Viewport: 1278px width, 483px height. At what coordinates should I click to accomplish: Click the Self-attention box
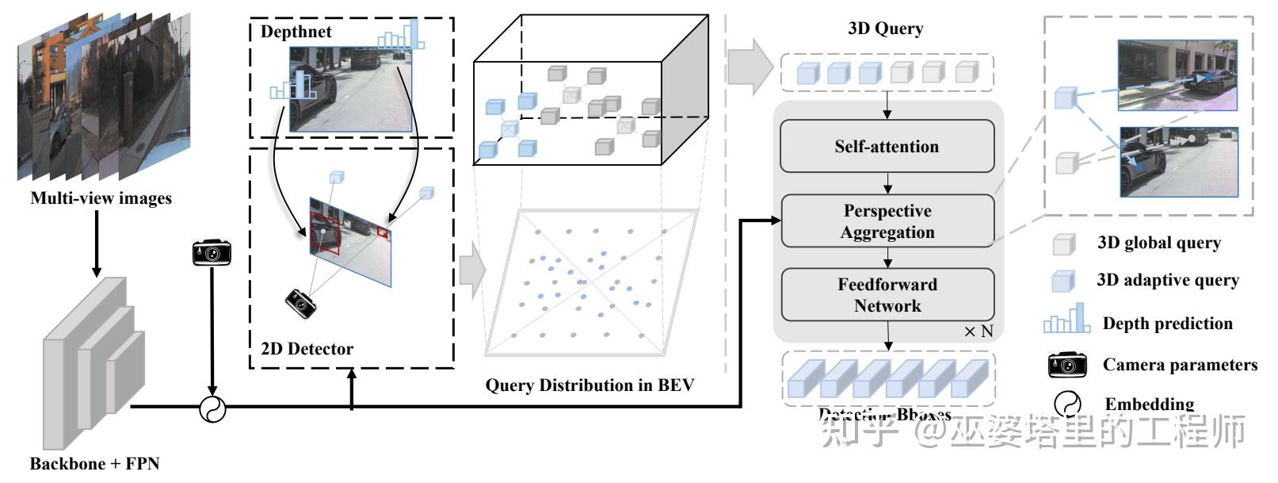(x=887, y=146)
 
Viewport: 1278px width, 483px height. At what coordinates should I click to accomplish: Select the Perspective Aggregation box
(x=887, y=221)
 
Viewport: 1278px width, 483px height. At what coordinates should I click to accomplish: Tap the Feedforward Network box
(x=887, y=294)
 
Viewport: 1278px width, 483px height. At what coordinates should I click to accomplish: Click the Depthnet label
(x=296, y=32)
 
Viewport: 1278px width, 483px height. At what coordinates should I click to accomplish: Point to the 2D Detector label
(x=307, y=348)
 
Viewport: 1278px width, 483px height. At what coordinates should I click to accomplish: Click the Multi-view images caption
(x=101, y=198)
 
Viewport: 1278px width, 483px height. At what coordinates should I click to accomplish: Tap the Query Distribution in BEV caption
(x=589, y=385)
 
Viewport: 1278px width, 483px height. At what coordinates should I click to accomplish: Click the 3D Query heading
(x=885, y=29)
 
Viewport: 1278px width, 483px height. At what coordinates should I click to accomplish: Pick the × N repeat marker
(x=978, y=332)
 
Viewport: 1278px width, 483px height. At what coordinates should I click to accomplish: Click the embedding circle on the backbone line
(x=212, y=408)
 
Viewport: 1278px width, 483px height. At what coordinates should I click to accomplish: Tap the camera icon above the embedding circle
(x=212, y=253)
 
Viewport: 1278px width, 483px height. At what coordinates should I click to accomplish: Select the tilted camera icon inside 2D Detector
(x=301, y=302)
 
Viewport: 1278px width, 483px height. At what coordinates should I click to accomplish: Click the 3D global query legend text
(x=1158, y=243)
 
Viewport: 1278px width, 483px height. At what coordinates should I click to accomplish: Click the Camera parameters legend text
(x=1180, y=365)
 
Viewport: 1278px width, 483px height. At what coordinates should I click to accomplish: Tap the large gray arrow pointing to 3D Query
(x=749, y=63)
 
